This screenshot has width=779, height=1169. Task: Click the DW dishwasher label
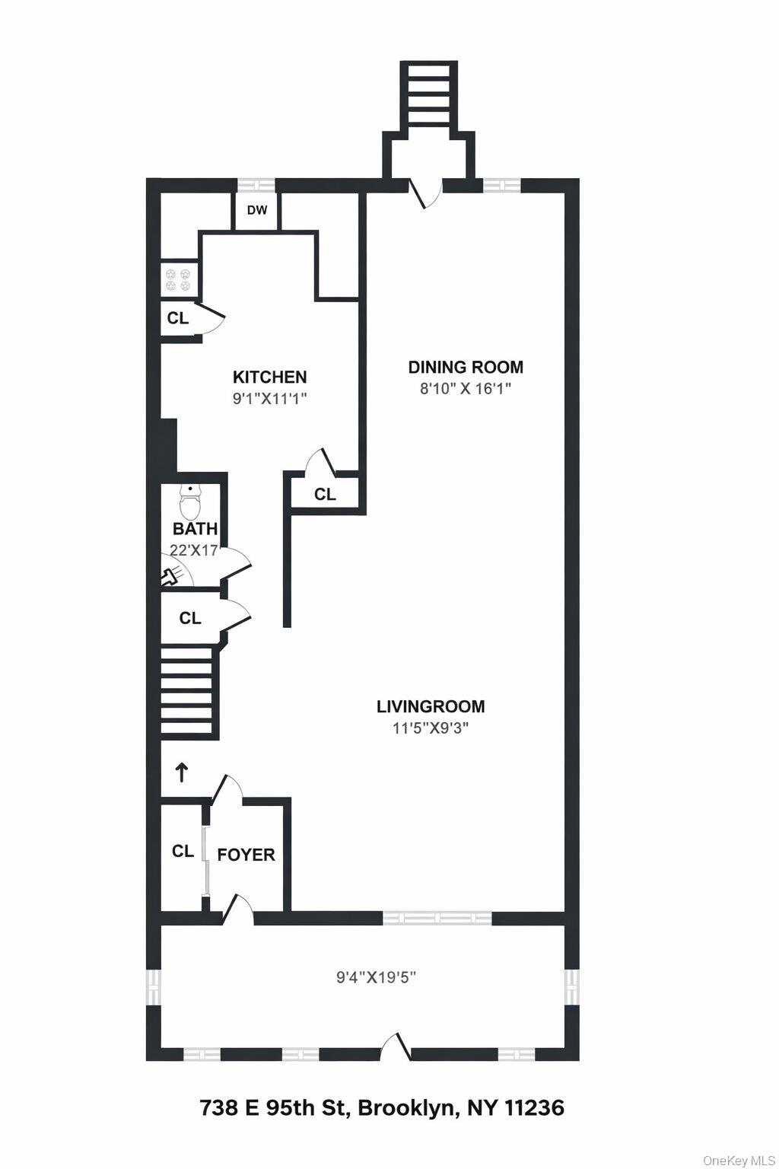click(257, 210)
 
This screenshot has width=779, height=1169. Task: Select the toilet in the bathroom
click(189, 502)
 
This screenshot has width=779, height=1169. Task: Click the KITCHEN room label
click(269, 377)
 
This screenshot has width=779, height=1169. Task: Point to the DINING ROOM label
click(466, 367)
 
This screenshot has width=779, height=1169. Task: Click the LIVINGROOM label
click(431, 706)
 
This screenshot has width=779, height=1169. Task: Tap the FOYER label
click(246, 855)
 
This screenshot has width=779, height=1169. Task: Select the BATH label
click(196, 529)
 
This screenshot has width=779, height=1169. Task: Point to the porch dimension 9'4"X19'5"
click(376, 977)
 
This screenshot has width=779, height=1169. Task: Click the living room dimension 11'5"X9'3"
click(430, 728)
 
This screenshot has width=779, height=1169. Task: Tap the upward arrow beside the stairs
click(182, 773)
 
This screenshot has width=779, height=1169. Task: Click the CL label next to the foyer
click(183, 851)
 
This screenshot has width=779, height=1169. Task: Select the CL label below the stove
click(178, 318)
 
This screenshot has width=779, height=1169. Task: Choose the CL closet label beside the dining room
click(325, 495)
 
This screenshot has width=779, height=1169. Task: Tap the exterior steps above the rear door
click(431, 95)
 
